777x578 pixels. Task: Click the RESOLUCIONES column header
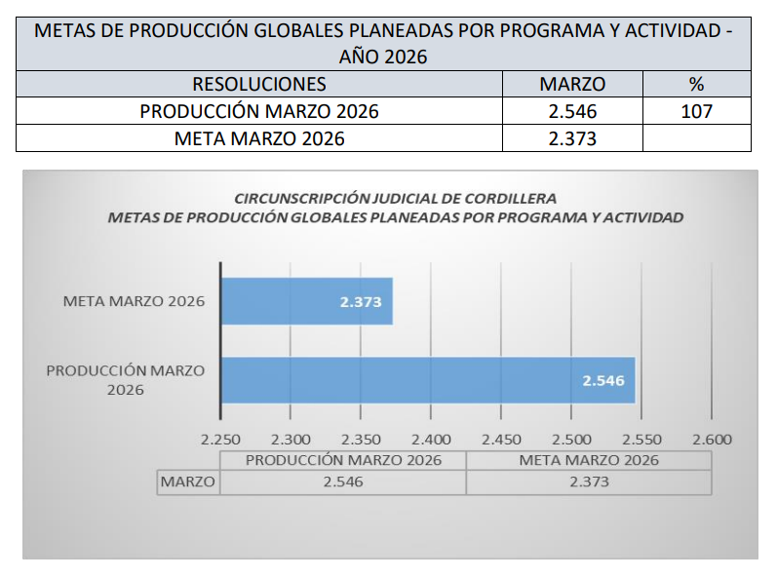click(x=259, y=84)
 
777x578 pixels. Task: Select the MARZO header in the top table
click(x=572, y=84)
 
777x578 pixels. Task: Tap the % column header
click(x=696, y=84)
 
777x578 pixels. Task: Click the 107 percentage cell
click(x=696, y=111)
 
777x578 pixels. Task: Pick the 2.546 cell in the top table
click(x=572, y=111)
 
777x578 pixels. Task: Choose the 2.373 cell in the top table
click(x=572, y=138)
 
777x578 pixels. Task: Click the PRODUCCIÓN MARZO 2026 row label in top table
click(x=259, y=111)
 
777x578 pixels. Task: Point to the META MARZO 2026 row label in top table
click(x=259, y=138)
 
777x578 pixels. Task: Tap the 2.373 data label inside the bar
click(x=360, y=302)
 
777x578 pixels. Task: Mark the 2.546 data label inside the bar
click(x=602, y=381)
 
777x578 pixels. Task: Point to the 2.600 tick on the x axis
click(x=712, y=440)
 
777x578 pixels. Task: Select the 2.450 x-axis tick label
click(x=502, y=440)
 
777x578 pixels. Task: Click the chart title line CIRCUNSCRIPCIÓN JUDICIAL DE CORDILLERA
click(x=395, y=199)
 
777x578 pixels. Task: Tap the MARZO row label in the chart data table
click(x=188, y=482)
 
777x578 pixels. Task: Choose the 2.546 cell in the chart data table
click(x=342, y=482)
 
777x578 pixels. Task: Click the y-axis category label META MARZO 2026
click(x=134, y=301)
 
